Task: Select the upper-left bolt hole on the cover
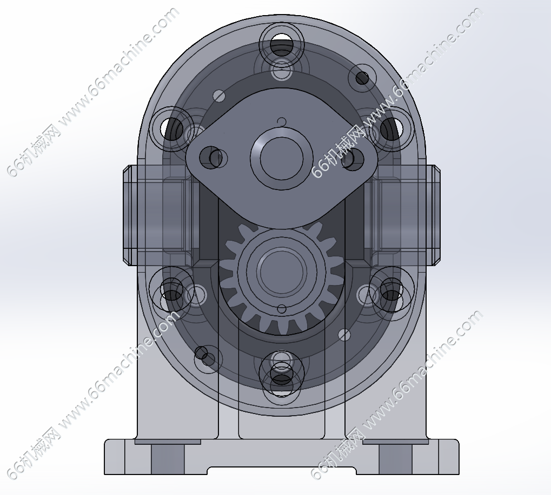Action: (172, 128)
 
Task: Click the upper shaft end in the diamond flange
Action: (281, 158)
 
